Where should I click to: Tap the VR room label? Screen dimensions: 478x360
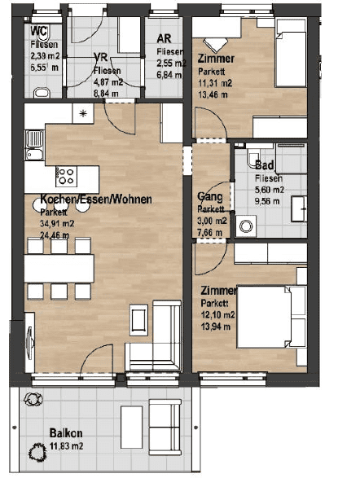pos(102,59)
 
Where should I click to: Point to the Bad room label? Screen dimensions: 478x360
pos(265,165)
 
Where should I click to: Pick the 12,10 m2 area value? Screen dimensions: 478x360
pos(220,314)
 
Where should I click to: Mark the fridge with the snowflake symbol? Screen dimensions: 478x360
pos(83,114)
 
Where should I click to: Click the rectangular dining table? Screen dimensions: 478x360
pos(59,266)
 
